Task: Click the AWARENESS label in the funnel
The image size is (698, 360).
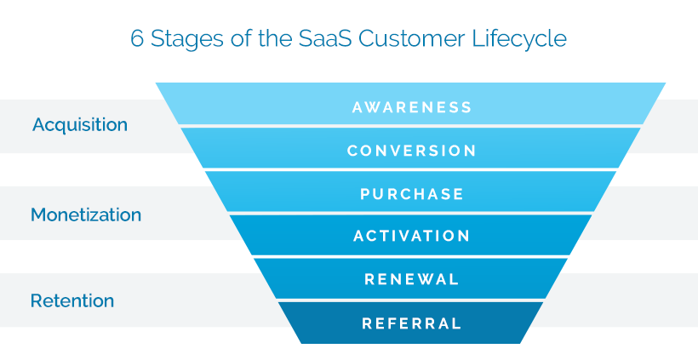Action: pyautogui.click(x=412, y=107)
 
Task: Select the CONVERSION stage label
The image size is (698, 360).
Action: pyautogui.click(x=412, y=151)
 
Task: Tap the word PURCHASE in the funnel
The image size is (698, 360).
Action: pyautogui.click(x=412, y=193)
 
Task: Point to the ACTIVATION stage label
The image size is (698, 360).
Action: pyautogui.click(x=412, y=236)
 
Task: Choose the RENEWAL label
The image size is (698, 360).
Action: pyautogui.click(x=412, y=279)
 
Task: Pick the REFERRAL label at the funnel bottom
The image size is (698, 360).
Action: pyautogui.click(x=412, y=323)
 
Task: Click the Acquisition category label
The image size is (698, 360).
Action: pyautogui.click(x=80, y=124)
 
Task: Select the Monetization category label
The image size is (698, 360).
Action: pyautogui.click(x=86, y=215)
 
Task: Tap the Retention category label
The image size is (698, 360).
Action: pyautogui.click(x=72, y=300)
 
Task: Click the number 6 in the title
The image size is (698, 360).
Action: pyautogui.click(x=137, y=39)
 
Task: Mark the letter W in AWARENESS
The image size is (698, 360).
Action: pyautogui.click(x=375, y=107)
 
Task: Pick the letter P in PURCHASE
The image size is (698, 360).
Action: pyautogui.click(x=365, y=193)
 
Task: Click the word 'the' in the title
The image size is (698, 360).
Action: pyautogui.click(x=274, y=39)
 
